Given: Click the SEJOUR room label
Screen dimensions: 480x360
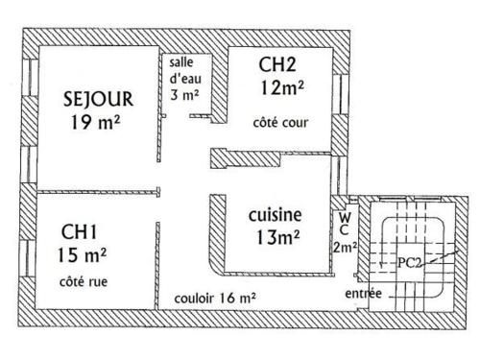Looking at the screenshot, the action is tap(98, 99).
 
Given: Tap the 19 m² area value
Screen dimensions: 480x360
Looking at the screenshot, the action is tap(95, 122).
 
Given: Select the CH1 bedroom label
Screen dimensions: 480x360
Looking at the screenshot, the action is tap(79, 231).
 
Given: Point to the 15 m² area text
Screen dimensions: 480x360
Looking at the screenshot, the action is tap(82, 255).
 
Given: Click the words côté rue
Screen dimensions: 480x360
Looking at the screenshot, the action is tap(84, 281).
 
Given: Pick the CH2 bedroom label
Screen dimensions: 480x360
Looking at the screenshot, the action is tap(277, 64).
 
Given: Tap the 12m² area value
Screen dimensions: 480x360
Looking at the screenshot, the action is tap(282, 87).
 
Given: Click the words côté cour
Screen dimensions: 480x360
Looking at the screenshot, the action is tap(280, 123).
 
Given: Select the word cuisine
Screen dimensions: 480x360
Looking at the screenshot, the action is tap(276, 215).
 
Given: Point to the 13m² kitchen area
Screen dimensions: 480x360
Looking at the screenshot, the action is tap(278, 237).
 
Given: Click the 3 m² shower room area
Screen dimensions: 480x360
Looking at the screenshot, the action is tap(184, 94).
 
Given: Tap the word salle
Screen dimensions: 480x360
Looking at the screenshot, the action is tap(181, 62).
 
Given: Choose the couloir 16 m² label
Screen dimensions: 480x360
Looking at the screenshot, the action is tap(215, 299).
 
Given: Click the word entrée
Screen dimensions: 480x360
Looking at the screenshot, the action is tap(363, 293).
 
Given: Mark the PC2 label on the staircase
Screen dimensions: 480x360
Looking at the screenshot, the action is tap(409, 263).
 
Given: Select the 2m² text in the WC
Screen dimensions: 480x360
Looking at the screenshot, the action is tap(345, 248).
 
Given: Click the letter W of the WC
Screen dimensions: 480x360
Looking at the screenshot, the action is tap(345, 218).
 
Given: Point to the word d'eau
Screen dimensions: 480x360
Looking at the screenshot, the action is tap(185, 79).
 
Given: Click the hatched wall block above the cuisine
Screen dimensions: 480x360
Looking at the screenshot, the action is tap(246, 158).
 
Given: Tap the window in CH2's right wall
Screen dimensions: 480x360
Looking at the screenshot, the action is tap(340, 94).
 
